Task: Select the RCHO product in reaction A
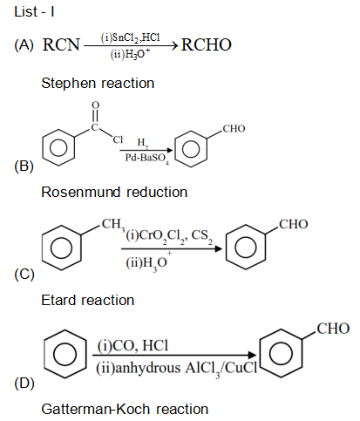(207, 44)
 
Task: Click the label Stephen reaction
(98, 84)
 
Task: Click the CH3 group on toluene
(111, 227)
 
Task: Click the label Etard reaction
(87, 300)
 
